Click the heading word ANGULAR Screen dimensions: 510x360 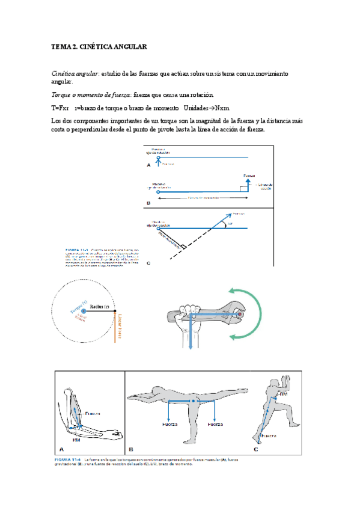pos(127,46)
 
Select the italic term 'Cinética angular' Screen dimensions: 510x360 pos(74,73)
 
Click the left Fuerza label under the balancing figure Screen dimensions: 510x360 pos(170,424)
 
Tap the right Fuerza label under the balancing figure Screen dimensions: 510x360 pos(215,424)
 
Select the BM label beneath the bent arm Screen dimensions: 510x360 pos(76,439)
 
